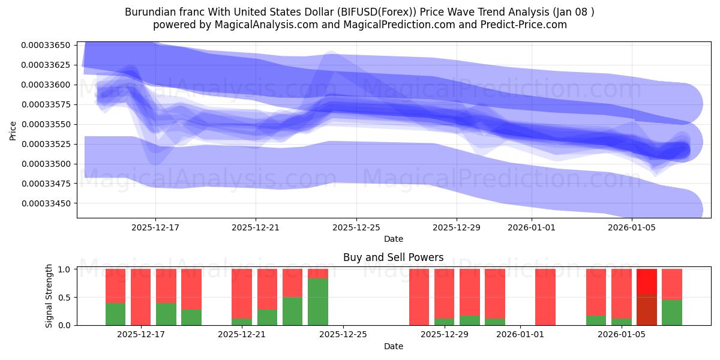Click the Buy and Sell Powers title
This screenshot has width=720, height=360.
393,257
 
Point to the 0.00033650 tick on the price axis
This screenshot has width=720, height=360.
46,45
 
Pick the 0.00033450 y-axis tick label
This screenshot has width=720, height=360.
46,203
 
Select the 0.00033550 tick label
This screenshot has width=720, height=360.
46,124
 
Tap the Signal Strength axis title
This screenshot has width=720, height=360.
49,296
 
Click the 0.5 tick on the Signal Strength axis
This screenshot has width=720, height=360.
65,297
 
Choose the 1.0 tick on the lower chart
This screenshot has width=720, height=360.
65,269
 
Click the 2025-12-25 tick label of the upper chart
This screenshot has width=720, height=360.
356,227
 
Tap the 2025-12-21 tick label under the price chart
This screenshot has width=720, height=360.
256,227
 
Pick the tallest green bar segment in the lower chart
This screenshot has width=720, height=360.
318,302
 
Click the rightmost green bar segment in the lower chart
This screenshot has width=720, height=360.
672,312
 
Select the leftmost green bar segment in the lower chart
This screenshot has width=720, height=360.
115,314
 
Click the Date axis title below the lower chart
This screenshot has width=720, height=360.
393,346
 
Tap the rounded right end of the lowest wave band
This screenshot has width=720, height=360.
690,209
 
